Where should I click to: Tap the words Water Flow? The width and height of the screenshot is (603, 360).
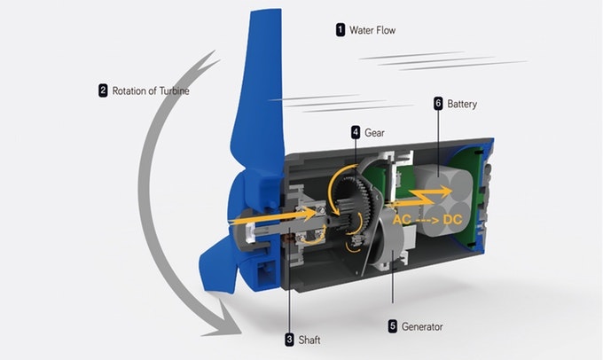[x=372, y=30]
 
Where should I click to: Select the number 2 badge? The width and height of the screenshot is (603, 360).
[x=103, y=90]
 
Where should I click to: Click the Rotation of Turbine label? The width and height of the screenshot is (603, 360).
[x=151, y=90]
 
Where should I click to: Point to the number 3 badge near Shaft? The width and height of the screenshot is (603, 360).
[x=289, y=339]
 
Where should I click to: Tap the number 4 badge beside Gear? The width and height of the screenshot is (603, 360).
[x=356, y=132]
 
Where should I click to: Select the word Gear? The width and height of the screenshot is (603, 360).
[x=374, y=132]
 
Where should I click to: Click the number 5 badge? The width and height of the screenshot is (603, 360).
[x=392, y=325]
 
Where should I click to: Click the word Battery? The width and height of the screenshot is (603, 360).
[x=462, y=104]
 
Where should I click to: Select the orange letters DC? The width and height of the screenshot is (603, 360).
[x=452, y=217]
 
